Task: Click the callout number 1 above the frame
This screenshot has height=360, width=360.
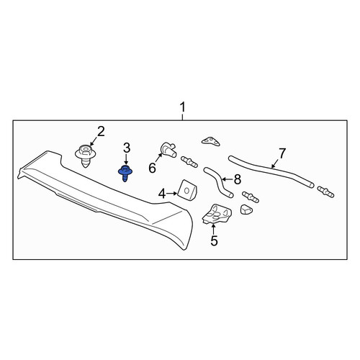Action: [183, 107]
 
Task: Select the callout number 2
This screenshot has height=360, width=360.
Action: [101, 132]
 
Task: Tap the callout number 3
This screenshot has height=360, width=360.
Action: [127, 148]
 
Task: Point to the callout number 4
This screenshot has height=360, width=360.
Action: [162, 194]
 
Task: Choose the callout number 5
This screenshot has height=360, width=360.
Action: [214, 240]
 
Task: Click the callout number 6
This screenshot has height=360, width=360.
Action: [152, 168]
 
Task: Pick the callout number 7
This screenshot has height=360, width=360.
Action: [282, 153]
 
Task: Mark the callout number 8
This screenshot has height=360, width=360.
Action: [238, 179]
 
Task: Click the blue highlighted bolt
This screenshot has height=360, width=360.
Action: [125, 173]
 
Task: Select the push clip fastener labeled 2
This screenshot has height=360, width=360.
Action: [85, 156]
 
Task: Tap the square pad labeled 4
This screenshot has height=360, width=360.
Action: [187, 190]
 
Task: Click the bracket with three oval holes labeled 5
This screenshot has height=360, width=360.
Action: [217, 214]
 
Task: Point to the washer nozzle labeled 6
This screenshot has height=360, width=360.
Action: [168, 149]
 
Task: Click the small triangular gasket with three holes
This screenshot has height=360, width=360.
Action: [211, 142]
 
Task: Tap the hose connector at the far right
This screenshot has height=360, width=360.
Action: [325, 192]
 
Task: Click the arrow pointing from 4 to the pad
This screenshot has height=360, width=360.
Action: [172, 194]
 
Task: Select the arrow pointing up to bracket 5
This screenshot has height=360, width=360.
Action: [213, 229]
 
